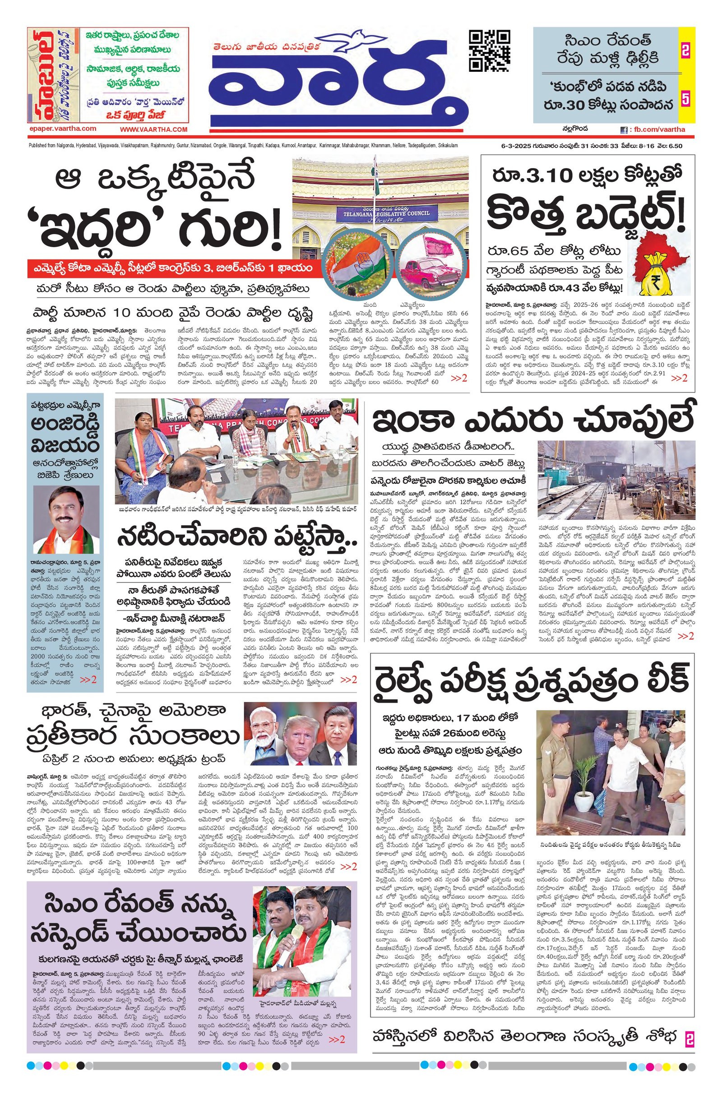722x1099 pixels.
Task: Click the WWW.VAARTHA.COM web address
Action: pyautogui.click(x=154, y=130)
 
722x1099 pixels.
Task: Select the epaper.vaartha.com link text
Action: pyautogui.click(x=62, y=129)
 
